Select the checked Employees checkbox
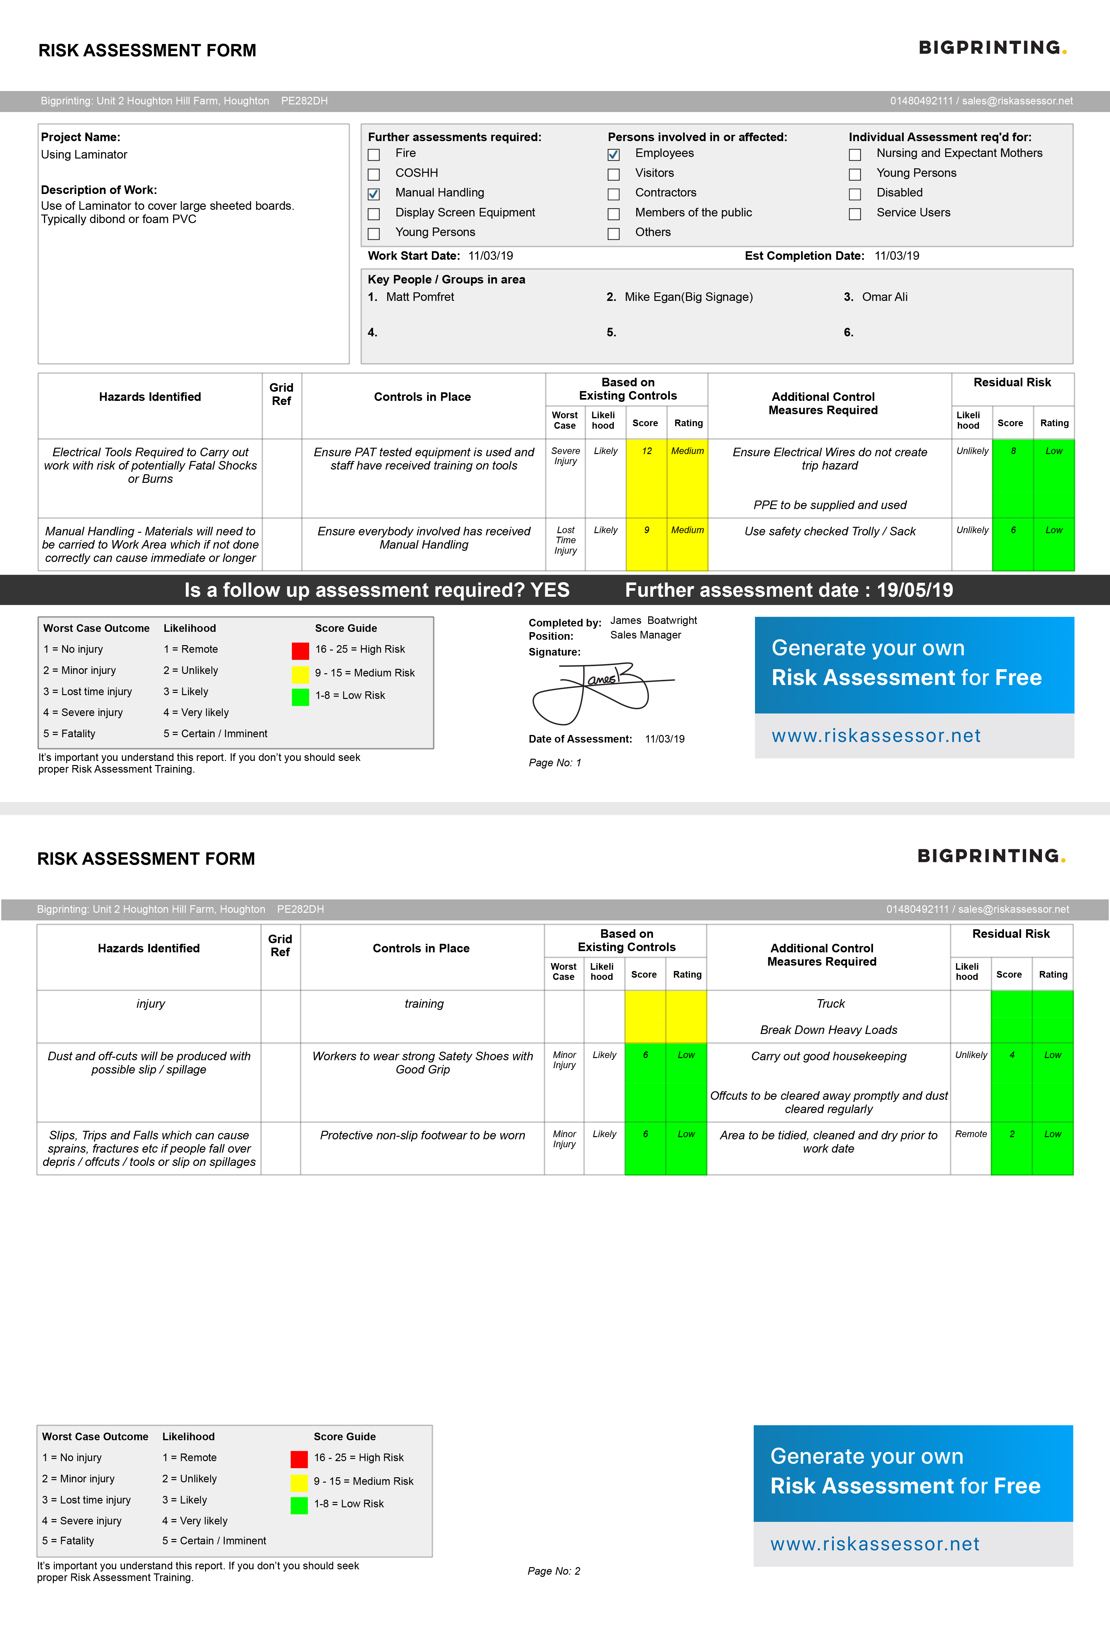(614, 154)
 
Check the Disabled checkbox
(855, 194)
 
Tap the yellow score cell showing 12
(646, 478)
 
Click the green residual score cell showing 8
(1013, 478)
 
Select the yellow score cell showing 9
(646, 544)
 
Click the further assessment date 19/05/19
(915, 590)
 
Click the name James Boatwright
(653, 620)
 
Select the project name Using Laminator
(84, 154)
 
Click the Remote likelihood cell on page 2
(971, 1134)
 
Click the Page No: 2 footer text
(554, 1571)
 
